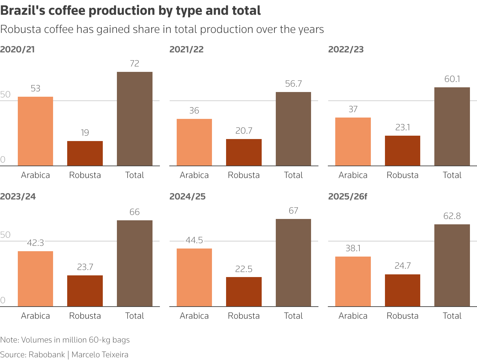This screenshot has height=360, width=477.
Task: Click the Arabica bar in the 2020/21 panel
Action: click(x=35, y=131)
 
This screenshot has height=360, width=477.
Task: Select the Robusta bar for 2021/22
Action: click(x=244, y=152)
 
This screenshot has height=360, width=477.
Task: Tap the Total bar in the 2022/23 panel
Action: click(x=452, y=127)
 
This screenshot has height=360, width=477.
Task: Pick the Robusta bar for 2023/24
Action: click(x=85, y=291)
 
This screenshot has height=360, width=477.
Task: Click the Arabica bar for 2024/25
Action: click(x=194, y=277)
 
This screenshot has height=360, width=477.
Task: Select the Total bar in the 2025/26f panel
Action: click(x=452, y=265)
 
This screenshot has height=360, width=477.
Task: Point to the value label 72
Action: click(x=134, y=63)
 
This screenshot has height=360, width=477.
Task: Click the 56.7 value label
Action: click(x=293, y=84)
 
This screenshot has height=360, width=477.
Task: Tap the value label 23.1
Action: click(x=402, y=127)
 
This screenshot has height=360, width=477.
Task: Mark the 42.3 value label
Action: click(x=35, y=243)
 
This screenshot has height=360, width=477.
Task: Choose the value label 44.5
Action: click(x=194, y=240)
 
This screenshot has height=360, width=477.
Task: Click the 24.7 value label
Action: click(x=402, y=266)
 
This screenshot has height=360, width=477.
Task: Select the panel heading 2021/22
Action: click(x=186, y=49)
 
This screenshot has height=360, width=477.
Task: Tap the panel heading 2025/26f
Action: click(x=347, y=196)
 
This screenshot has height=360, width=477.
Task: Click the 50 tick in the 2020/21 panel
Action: click(x=5, y=94)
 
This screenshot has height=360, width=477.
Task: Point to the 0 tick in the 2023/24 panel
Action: click(x=3, y=300)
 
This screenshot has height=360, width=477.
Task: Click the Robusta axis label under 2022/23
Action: click(x=402, y=175)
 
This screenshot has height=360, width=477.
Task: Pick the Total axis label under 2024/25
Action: click(x=293, y=316)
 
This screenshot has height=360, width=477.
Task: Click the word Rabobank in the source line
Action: click(x=47, y=355)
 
